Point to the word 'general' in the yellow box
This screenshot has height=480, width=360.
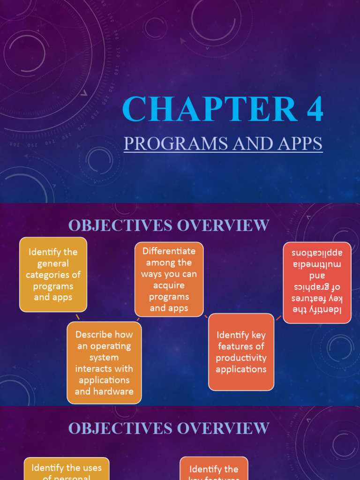tap(53, 263)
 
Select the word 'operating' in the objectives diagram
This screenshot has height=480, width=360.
tap(104, 346)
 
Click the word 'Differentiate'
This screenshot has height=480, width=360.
tap(169, 251)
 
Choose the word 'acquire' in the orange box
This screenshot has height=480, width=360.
tap(169, 285)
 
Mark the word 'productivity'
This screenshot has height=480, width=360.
tap(241, 358)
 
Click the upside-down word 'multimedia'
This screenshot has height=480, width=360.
tap(317, 264)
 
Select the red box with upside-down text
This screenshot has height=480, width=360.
tap(317, 282)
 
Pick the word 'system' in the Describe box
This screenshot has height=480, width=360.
tap(104, 357)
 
